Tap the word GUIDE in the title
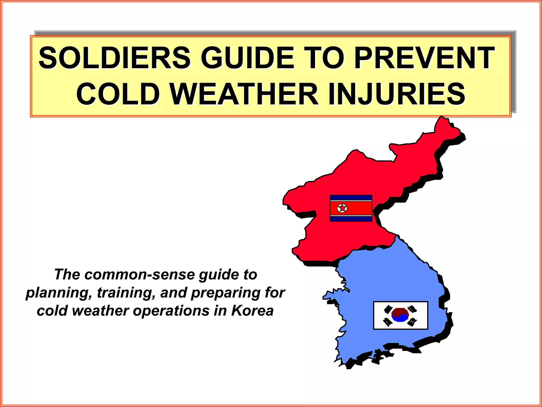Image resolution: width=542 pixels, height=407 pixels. [247, 58]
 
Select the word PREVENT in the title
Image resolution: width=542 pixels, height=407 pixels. [424, 58]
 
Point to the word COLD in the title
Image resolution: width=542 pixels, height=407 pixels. [118, 94]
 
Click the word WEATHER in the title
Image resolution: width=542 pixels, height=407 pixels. [244, 94]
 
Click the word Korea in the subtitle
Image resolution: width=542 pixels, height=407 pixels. [252, 311]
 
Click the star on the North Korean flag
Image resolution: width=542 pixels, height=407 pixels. [342, 208]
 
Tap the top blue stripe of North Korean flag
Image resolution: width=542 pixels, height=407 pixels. [351, 198]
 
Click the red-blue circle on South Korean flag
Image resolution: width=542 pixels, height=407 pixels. [400, 315]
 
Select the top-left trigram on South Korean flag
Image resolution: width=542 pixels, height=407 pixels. [388, 309]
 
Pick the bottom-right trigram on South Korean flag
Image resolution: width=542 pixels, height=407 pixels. [412, 322]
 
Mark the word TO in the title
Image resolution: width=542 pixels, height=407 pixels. [324, 58]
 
